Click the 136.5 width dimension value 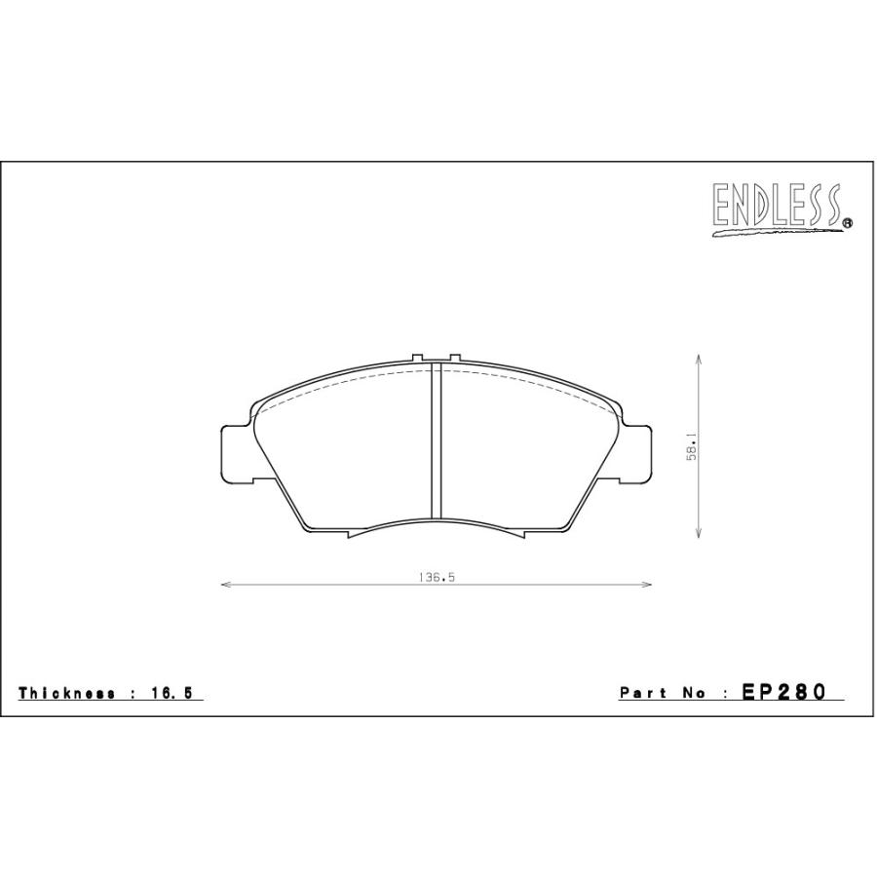pyautogui.click(x=437, y=577)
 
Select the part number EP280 pyautogui.click(x=783, y=693)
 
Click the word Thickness pyautogui.click(x=67, y=693)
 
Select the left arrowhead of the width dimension pyautogui.click(x=226, y=585)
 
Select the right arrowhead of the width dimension pyautogui.click(x=647, y=585)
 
